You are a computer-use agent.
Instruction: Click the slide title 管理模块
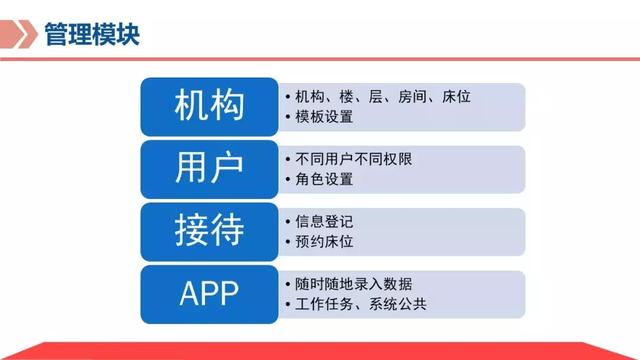pyautogui.click(x=92, y=35)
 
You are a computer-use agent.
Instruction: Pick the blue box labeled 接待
pyautogui.click(x=209, y=231)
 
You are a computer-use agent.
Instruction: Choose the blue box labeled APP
pyautogui.click(x=209, y=293)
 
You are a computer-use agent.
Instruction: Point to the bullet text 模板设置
pyautogui.click(x=325, y=118)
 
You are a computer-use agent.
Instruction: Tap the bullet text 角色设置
pyautogui.click(x=325, y=180)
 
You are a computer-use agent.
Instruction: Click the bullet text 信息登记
pyautogui.click(x=325, y=221)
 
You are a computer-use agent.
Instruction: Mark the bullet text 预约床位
pyautogui.click(x=325, y=242)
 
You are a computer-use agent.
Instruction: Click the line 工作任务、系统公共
pyautogui.click(x=362, y=304)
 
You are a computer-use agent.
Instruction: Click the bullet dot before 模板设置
pyautogui.click(x=288, y=118)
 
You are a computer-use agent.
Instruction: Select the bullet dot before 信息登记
pyautogui.click(x=288, y=221)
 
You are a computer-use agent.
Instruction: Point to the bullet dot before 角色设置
pyautogui.click(x=288, y=180)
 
